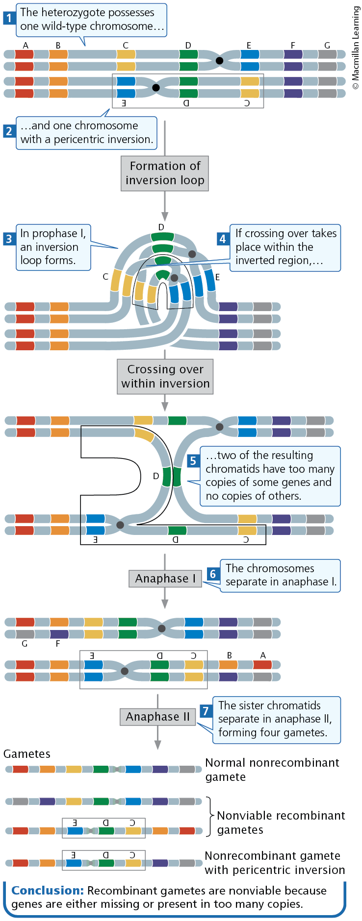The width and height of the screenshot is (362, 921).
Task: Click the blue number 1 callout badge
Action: click(x=9, y=19)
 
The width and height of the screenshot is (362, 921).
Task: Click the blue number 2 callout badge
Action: click(x=9, y=131)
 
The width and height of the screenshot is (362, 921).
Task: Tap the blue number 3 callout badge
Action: click(x=9, y=239)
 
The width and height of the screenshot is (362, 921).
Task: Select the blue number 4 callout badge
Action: click(x=223, y=239)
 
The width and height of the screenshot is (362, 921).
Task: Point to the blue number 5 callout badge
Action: click(x=193, y=460)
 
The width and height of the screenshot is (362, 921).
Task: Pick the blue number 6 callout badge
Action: click(x=213, y=574)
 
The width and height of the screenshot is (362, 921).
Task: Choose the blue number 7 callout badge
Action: click(x=206, y=711)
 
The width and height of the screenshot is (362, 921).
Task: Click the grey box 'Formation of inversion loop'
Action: click(x=165, y=173)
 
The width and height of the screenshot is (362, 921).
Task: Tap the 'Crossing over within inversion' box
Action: click(x=165, y=376)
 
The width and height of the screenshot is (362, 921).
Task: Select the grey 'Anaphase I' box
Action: click(x=165, y=579)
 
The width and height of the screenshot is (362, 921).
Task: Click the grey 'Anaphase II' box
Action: click(x=157, y=717)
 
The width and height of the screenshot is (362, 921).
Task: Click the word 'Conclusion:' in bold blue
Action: click(x=48, y=890)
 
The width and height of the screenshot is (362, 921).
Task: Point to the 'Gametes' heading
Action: click(x=27, y=753)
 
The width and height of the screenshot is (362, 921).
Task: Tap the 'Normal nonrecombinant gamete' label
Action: click(x=272, y=770)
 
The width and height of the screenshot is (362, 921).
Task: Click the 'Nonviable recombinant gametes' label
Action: click(x=281, y=823)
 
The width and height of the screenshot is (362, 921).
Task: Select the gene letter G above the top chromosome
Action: click(x=327, y=46)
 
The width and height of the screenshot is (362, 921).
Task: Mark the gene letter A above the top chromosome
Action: click(x=26, y=46)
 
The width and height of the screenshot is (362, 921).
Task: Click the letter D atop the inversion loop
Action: click(x=161, y=227)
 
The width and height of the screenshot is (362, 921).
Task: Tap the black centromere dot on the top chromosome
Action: click(x=220, y=61)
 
